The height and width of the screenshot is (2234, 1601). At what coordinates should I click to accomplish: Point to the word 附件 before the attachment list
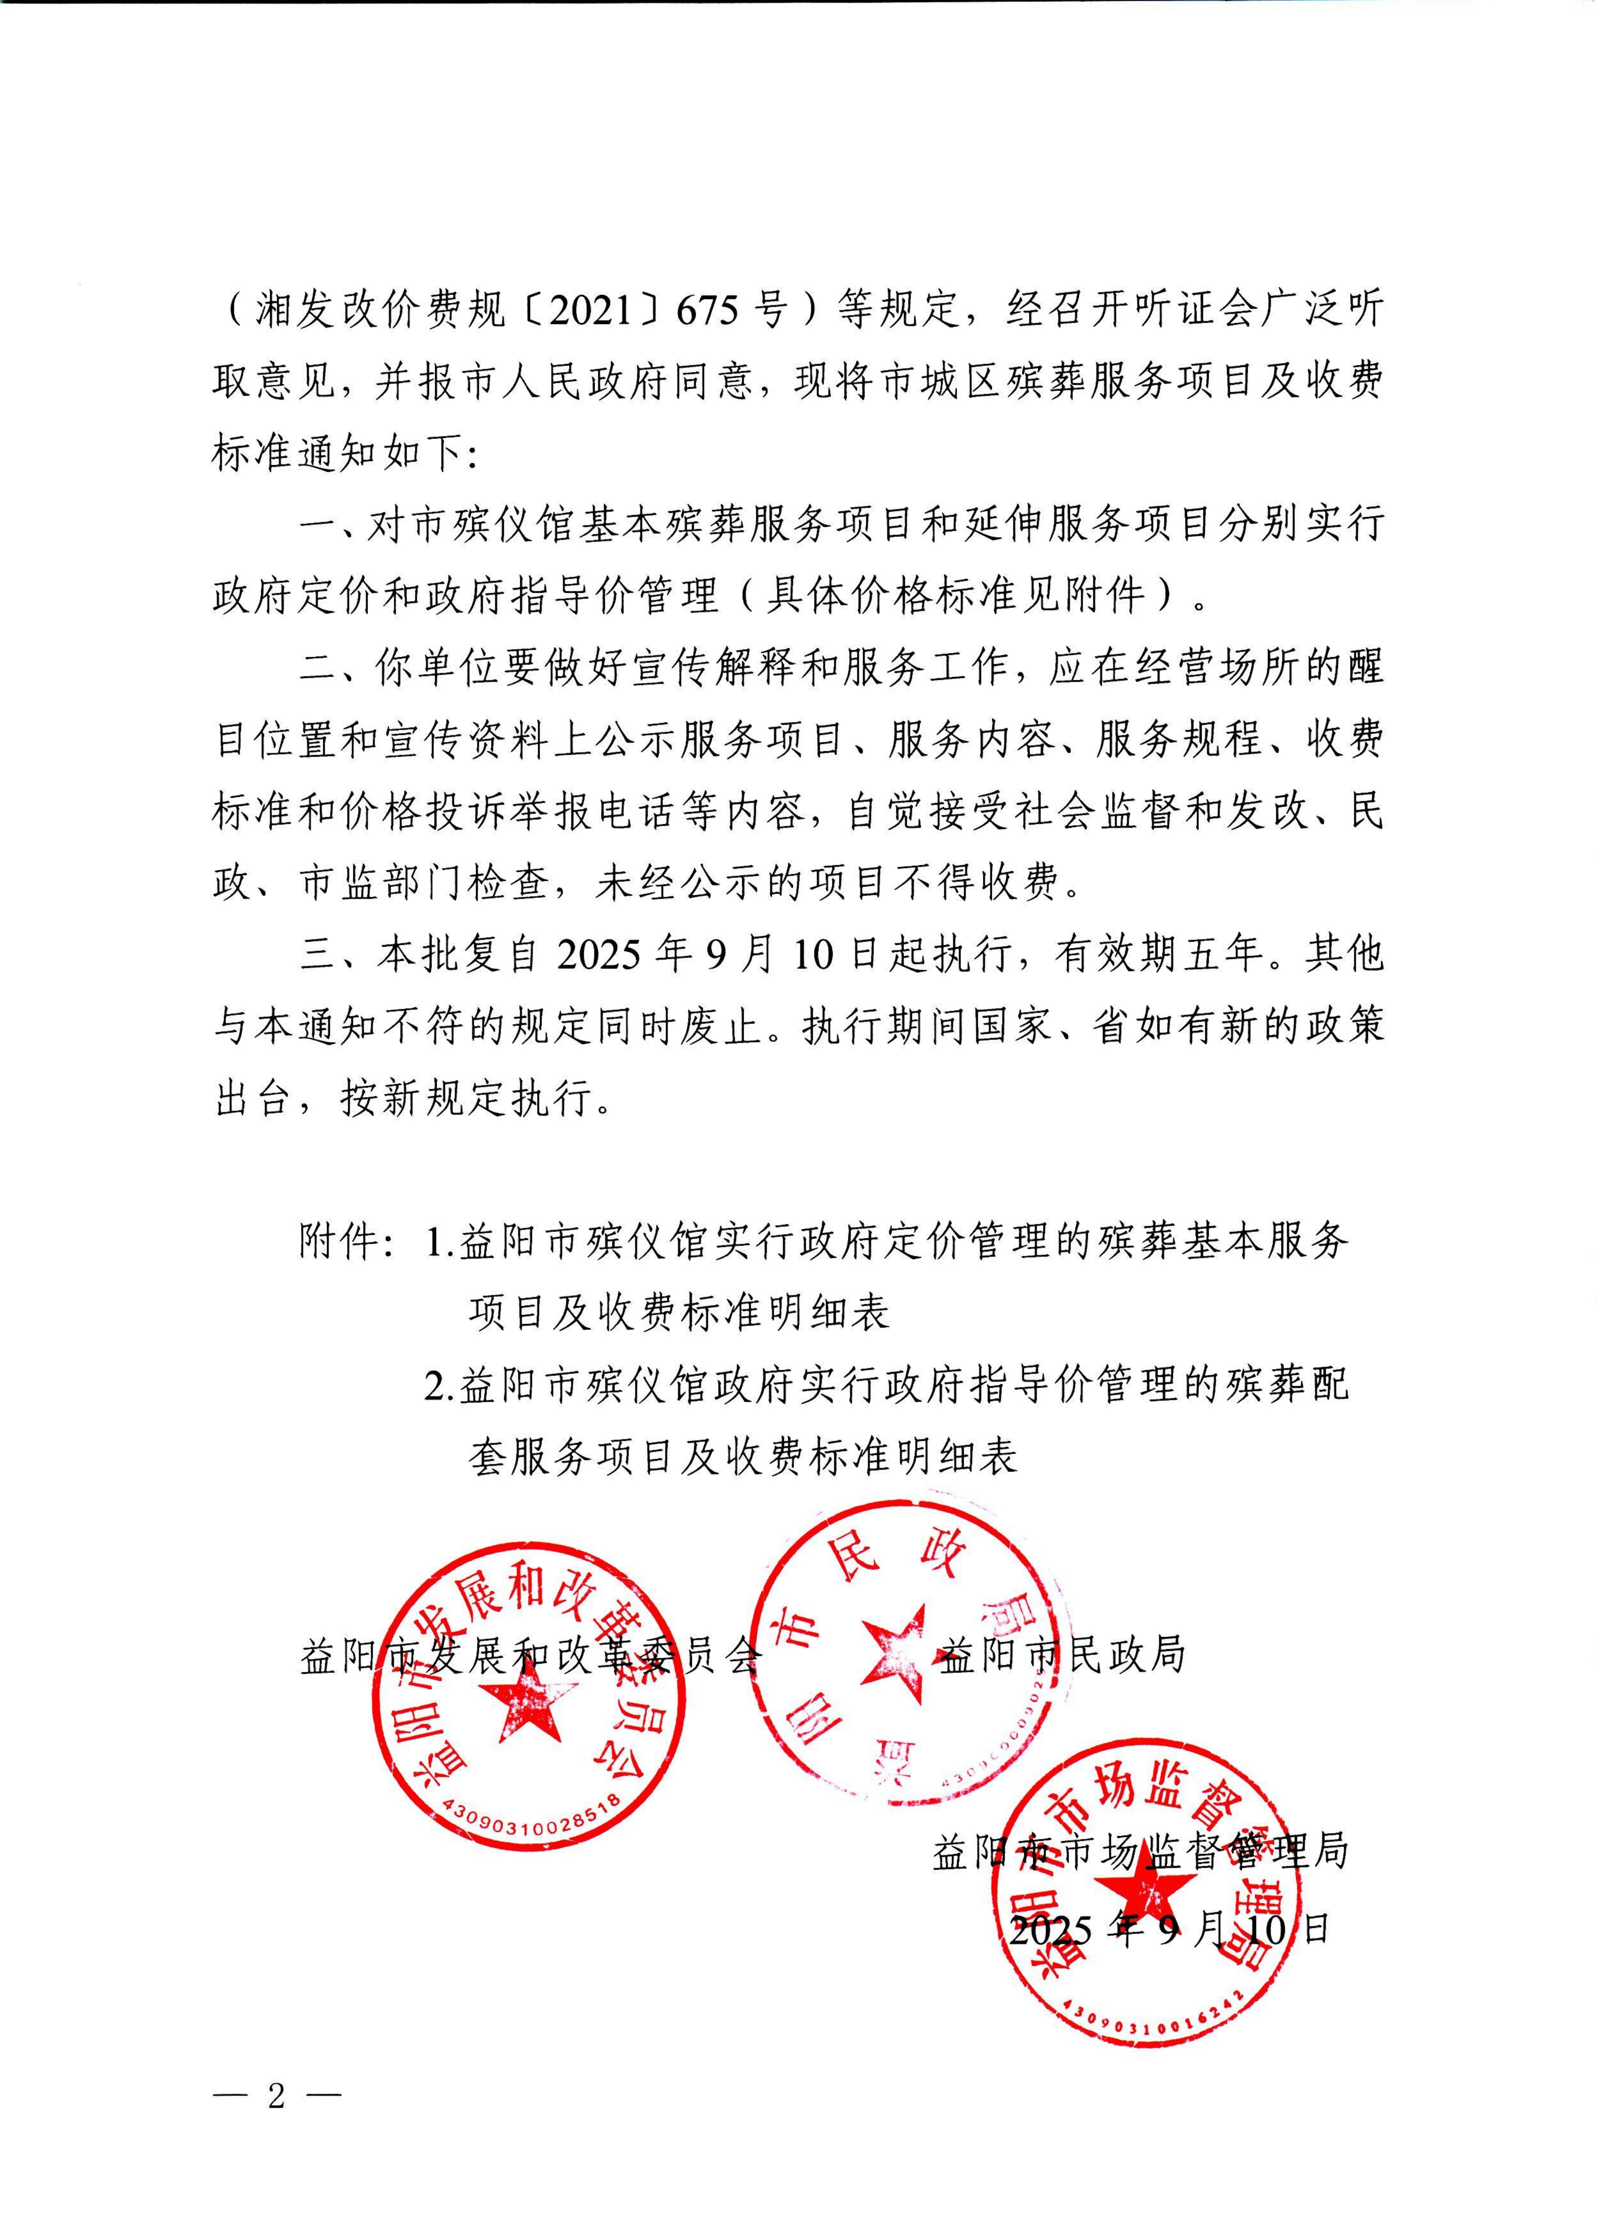340,1243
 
